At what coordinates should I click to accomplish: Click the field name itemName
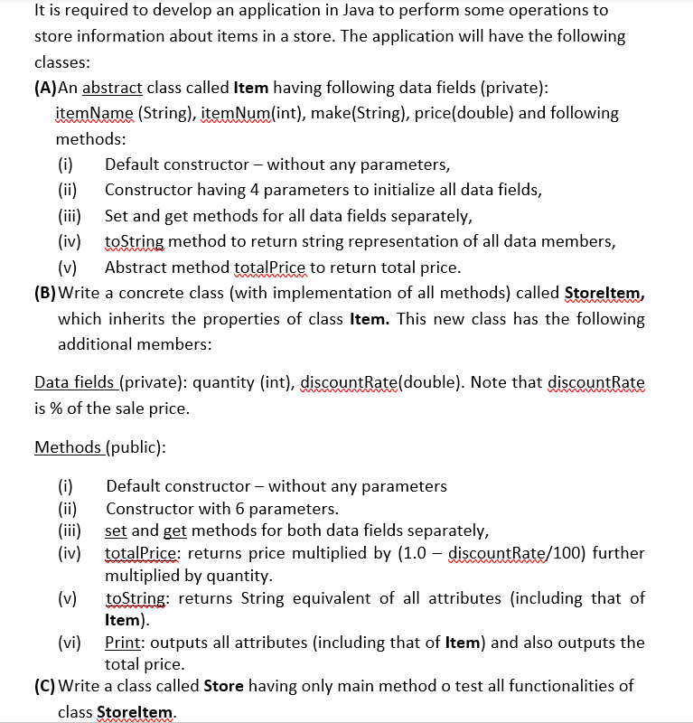pyautogui.click(x=95, y=113)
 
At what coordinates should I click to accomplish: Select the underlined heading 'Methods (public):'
pyautogui.click(x=99, y=447)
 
